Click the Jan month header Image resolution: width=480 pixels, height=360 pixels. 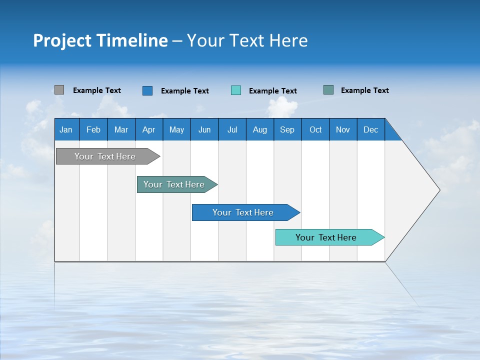66,129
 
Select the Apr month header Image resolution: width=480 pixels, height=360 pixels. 148,129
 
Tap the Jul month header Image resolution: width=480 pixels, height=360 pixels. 232,129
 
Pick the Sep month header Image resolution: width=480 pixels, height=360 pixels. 287,129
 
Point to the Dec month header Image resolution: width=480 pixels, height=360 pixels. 370,129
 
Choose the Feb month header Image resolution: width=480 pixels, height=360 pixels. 93,129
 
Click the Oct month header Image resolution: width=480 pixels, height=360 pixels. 315,129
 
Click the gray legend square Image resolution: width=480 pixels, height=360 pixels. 59,90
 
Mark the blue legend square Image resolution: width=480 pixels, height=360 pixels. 147,90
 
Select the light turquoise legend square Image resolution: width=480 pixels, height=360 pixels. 236,90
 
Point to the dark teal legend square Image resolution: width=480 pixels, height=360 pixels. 328,90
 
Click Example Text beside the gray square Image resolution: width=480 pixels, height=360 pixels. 97,90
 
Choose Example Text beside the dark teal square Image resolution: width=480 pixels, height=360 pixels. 365,90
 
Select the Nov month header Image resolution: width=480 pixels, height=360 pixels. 343,129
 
